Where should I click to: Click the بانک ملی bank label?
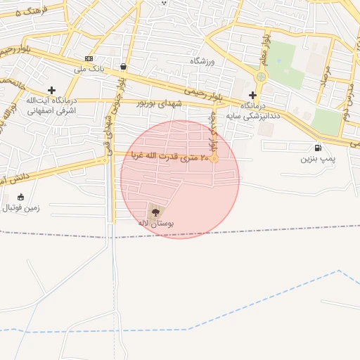(x=89, y=70)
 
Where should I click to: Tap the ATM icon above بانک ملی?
(x=89, y=58)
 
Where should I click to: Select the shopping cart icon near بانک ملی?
(x=123, y=67)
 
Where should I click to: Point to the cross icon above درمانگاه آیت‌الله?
(x=51, y=90)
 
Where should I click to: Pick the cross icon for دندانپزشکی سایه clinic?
(x=252, y=94)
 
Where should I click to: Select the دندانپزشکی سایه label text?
(x=252, y=114)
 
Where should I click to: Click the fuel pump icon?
(x=319, y=148)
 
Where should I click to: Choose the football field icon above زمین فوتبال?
(x=20, y=197)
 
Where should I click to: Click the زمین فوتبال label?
(x=21, y=208)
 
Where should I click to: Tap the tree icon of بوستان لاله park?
(x=155, y=212)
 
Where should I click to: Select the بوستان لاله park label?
(x=156, y=223)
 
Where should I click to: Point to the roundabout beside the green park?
(x=262, y=77)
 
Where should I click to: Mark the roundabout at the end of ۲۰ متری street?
(x=214, y=159)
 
